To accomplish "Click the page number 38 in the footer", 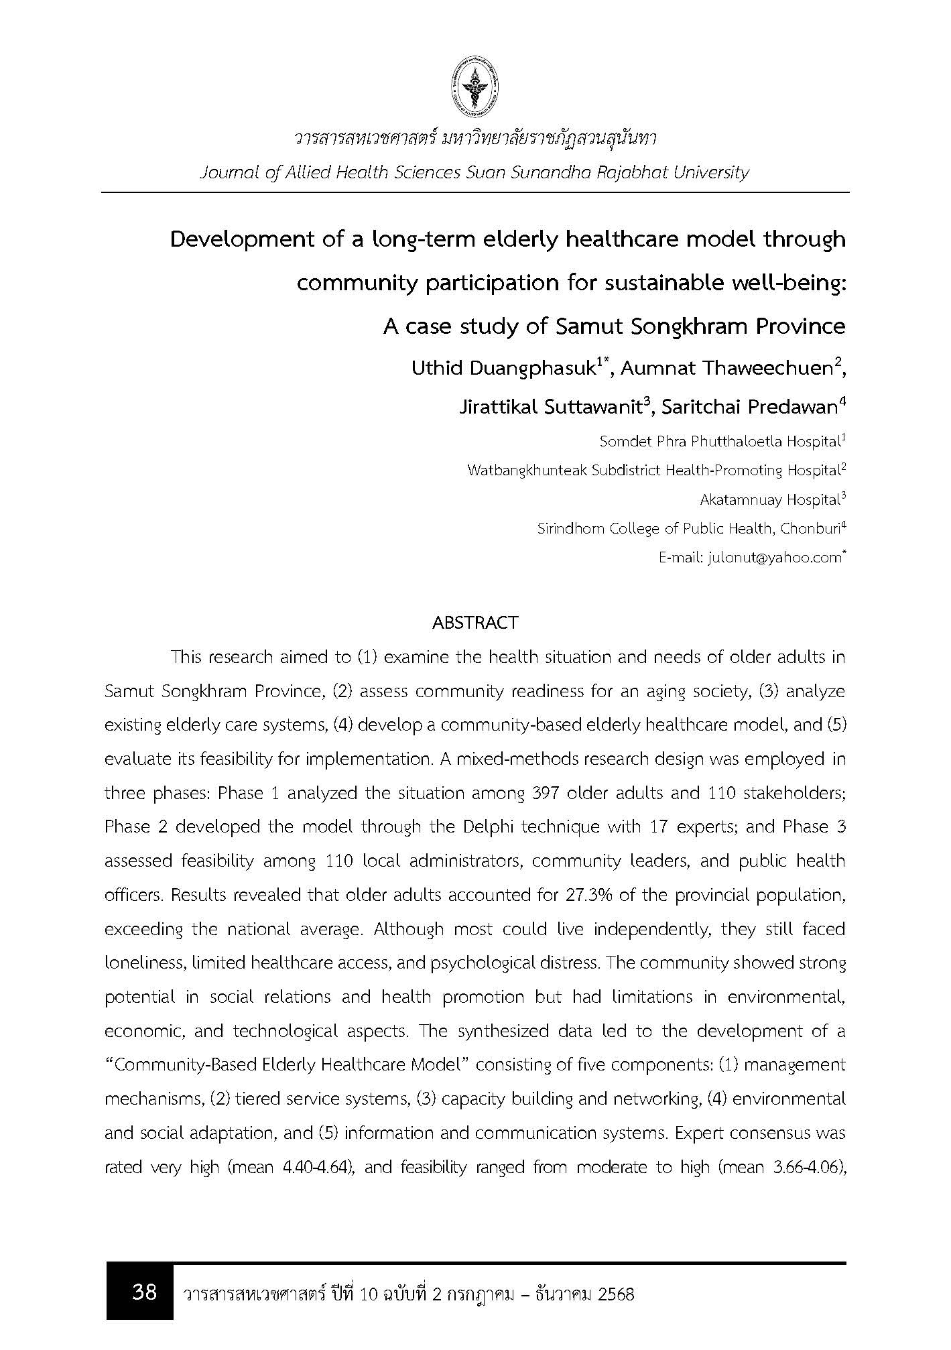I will [144, 1291].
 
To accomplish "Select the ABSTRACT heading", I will [475, 623].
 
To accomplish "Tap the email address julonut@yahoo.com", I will [773, 558].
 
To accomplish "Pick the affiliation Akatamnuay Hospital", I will [769, 500].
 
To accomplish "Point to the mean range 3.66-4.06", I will [807, 1167].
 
